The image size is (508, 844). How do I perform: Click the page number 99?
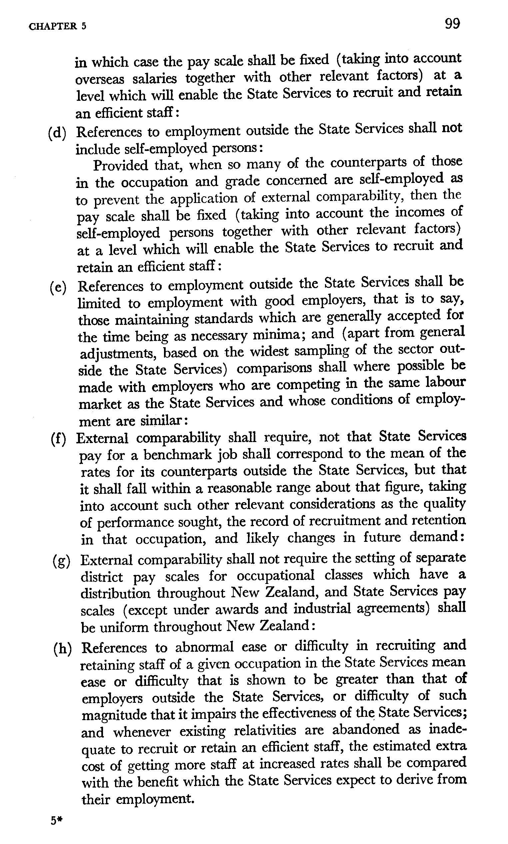tap(452, 24)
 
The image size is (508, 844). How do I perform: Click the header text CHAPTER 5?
tap(57, 27)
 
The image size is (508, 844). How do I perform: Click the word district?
tap(102, 577)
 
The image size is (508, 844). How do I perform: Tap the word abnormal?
tap(205, 647)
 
